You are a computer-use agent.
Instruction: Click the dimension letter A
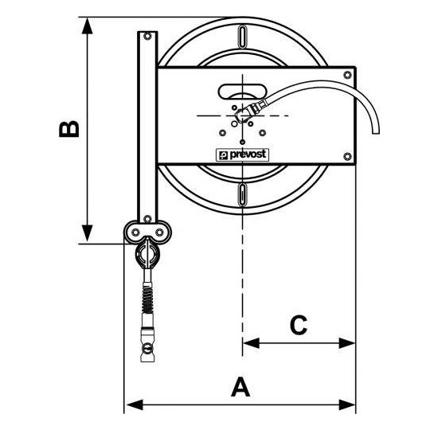[x=240, y=387]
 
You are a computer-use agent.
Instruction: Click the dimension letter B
[x=69, y=129]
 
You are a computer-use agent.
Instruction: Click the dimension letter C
[x=299, y=325]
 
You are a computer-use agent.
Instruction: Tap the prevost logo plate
[x=242, y=155]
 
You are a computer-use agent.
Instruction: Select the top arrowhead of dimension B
[x=88, y=25]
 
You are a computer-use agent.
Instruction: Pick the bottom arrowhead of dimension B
[x=88, y=233]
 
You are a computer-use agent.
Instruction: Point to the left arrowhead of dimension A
[x=135, y=405]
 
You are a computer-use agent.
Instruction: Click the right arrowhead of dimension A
[x=347, y=405]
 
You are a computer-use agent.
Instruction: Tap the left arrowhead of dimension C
[x=251, y=343]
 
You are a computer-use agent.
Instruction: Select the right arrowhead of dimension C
[x=347, y=343]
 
